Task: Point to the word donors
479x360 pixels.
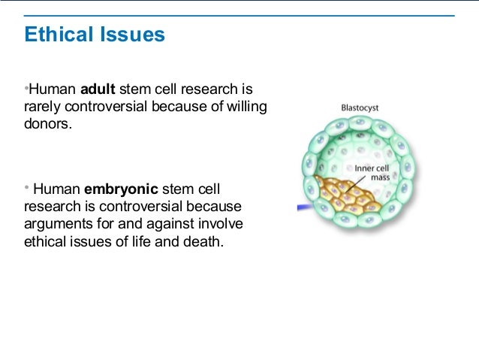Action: [48, 123]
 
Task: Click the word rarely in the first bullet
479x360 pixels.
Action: [43, 107]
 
